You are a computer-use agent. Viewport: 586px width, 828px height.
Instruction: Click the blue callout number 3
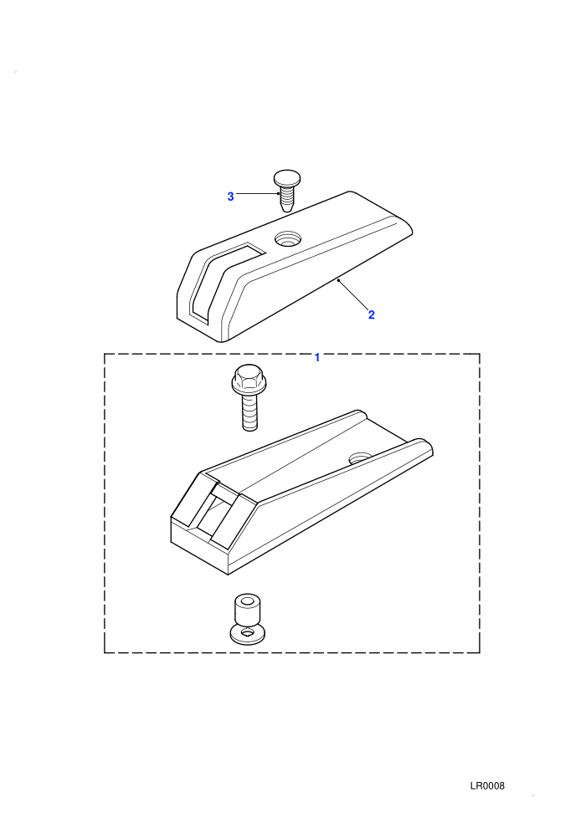click(x=230, y=197)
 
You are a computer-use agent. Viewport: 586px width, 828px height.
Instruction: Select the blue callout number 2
click(x=372, y=314)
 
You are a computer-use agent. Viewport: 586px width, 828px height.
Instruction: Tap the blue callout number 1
click(x=317, y=357)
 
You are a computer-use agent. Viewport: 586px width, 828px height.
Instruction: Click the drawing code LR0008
click(x=487, y=785)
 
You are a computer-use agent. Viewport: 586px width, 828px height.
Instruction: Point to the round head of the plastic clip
click(x=285, y=177)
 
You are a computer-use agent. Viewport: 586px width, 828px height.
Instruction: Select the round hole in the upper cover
click(x=287, y=238)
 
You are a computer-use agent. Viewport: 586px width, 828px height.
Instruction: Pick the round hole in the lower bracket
click(x=360, y=457)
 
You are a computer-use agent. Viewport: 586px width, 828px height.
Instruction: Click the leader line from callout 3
click(x=257, y=194)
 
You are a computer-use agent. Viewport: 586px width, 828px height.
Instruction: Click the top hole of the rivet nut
click(x=246, y=601)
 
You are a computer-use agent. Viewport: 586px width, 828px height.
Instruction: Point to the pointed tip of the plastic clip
click(x=285, y=208)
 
